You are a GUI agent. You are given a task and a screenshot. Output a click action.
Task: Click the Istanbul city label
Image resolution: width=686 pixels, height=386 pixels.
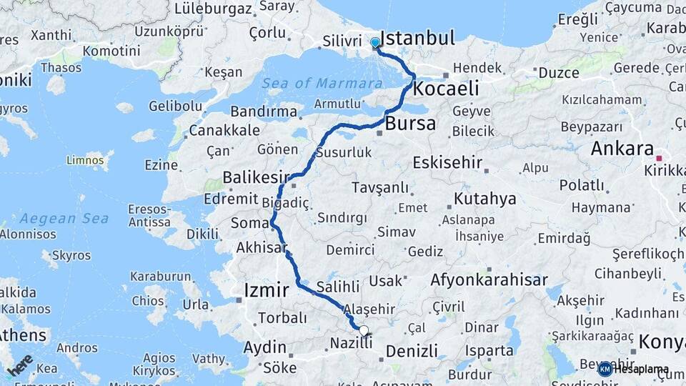click(x=417, y=39)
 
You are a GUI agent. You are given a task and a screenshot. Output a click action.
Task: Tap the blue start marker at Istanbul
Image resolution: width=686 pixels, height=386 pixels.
click(x=375, y=43)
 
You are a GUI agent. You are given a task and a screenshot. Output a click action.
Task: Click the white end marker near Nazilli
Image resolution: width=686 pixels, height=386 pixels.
click(x=364, y=331)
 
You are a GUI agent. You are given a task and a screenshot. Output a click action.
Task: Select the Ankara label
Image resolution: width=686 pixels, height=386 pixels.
click(x=622, y=149)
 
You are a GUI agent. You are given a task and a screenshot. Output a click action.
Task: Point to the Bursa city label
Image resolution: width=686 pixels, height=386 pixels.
click(x=410, y=124)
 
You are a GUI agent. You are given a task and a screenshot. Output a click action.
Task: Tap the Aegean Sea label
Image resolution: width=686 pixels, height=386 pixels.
click(x=64, y=219)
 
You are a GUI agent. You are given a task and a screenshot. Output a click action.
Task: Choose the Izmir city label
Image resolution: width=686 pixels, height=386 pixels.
click(x=267, y=290)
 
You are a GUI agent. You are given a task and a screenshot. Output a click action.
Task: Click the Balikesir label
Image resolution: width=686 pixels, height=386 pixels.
click(x=255, y=177)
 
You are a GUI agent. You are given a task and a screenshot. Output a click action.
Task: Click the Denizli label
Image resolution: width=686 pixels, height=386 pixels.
click(x=411, y=351)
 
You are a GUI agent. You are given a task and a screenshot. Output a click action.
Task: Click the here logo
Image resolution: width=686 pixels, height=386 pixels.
click(x=20, y=365)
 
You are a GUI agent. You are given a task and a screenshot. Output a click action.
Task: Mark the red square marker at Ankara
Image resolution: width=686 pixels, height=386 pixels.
click(x=659, y=158)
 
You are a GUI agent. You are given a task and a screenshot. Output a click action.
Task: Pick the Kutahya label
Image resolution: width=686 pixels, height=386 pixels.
click(x=484, y=199)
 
